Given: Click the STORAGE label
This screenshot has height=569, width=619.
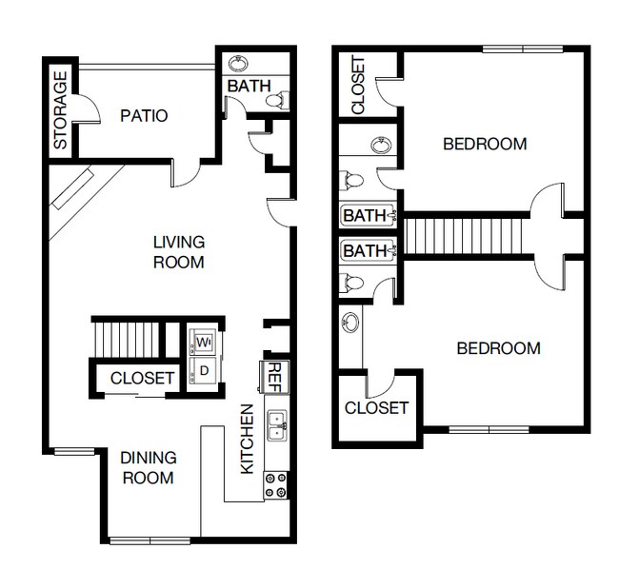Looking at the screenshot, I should point(60,109).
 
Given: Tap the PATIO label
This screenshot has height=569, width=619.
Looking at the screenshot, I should point(145,116).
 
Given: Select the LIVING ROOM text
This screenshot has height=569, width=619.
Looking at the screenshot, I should point(179,252).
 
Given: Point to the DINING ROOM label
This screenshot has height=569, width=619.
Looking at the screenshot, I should point(148,467).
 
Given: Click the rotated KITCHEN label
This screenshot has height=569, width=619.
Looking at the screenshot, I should point(247,440).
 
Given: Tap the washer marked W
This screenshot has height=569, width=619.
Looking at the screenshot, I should point(203,341).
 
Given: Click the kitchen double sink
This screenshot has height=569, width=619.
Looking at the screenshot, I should point(276,424).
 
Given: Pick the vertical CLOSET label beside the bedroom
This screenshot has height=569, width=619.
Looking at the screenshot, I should point(358,86).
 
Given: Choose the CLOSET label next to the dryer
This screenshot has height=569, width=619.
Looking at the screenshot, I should point(142,379).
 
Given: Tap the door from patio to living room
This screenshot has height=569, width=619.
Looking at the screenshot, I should point(187,171).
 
